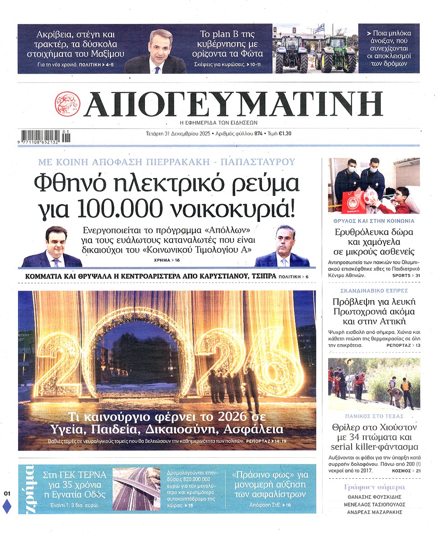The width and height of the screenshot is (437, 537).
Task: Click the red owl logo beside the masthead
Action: click(67, 104)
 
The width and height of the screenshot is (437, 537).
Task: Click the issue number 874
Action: click(259, 134)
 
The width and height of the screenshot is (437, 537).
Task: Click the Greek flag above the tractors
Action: click(320, 29)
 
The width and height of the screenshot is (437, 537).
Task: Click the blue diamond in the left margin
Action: click(7, 506)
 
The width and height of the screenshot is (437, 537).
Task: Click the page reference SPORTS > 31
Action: click(405, 276)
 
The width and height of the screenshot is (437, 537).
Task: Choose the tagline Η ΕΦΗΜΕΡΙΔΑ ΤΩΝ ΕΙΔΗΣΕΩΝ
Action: click(218, 123)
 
